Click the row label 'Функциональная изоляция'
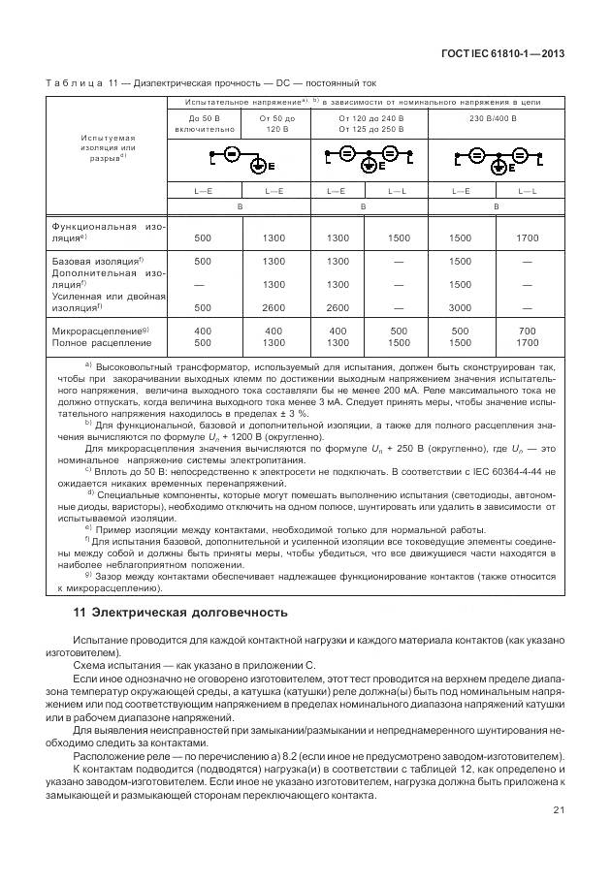tap(108, 231)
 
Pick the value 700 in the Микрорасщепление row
tap(527, 330)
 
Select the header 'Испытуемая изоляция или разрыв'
tap(106, 147)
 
